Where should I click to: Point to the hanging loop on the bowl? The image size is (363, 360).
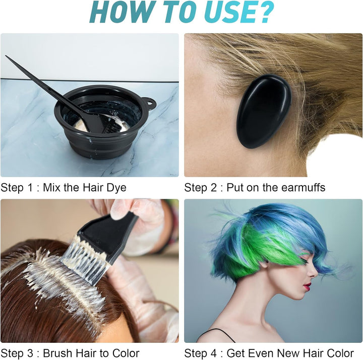click(x=150, y=103)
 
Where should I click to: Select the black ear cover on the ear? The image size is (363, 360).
click(x=263, y=111)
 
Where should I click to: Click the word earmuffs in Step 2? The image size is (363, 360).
click(x=300, y=188)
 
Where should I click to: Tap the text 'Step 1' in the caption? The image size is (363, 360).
click(x=16, y=188)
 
